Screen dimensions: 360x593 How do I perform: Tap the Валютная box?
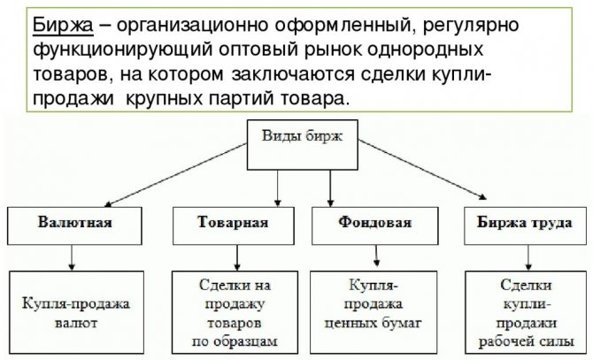pos(74,223)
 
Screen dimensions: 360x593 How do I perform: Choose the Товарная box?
pos(232,223)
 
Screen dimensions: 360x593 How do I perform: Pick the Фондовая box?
pos(374,223)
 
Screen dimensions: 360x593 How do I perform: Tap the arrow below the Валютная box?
pos(73,257)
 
